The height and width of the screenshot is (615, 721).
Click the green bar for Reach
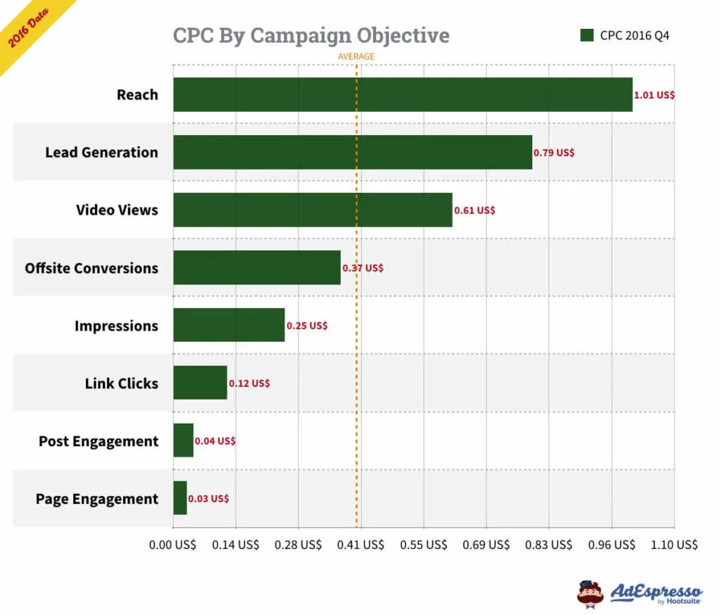point(403,94)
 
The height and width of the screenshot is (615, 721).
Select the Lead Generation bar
point(352,152)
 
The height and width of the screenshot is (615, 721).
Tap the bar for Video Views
point(313,210)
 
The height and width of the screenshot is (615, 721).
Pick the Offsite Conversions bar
point(256,267)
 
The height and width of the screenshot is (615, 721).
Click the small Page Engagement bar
point(180,498)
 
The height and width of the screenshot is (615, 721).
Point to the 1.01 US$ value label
point(654,94)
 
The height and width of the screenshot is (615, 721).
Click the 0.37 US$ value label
point(363,268)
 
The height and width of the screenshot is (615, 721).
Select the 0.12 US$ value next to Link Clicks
point(249,383)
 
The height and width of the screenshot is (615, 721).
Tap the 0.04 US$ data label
point(215,441)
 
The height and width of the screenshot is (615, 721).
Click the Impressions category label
point(116,326)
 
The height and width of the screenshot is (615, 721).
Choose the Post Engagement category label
point(99,441)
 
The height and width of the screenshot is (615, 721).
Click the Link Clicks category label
point(121,383)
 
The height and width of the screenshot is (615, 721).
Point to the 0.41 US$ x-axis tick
point(360,545)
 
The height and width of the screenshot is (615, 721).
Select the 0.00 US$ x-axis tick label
point(173,545)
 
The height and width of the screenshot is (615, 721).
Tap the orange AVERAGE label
point(356,56)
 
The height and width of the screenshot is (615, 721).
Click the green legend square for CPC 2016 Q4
point(587,35)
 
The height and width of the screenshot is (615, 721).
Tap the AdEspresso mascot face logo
point(590,593)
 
